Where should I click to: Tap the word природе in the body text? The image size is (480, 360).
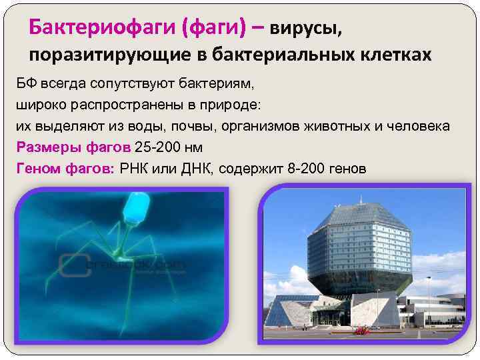click(x=229, y=105)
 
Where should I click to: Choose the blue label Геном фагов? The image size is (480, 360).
click(x=65, y=168)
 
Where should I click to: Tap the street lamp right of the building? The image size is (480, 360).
click(x=427, y=293)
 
